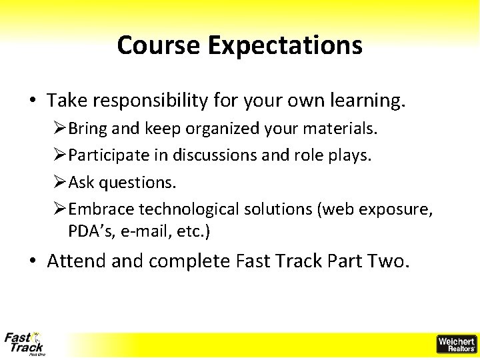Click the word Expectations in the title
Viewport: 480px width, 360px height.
tap(285, 45)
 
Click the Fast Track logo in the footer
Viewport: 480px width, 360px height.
tap(24, 343)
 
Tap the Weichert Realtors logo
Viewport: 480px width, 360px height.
tap(456, 344)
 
